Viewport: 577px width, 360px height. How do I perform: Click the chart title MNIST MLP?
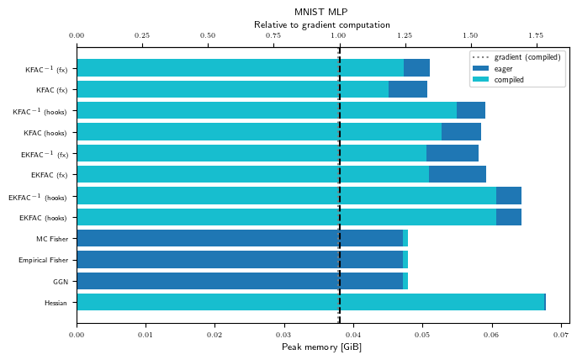321,12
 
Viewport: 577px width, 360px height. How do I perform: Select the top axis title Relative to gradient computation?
321,25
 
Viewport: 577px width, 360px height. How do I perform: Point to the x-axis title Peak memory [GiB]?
321,347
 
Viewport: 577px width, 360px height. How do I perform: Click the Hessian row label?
56,303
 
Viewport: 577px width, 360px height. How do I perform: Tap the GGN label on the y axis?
61,282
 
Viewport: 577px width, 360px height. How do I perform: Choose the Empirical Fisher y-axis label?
44,260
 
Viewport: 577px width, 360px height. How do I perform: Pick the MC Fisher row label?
52,239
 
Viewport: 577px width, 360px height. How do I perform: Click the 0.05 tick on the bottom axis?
422,335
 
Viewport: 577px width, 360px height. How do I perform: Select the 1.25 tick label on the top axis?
405,35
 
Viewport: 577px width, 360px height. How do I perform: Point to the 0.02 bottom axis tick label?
214,335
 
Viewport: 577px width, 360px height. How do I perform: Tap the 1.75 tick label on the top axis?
536,35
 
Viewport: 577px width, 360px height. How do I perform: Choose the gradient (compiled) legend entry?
516,57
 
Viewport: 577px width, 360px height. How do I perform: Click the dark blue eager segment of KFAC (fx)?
408,89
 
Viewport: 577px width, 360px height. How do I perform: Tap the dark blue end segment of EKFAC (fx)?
458,174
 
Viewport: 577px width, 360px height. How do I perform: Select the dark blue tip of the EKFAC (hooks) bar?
509,217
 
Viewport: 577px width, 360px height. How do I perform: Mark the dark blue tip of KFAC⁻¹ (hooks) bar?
471,110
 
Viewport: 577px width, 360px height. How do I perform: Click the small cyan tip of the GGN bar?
405,281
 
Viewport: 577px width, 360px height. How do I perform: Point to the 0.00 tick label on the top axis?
77,35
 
